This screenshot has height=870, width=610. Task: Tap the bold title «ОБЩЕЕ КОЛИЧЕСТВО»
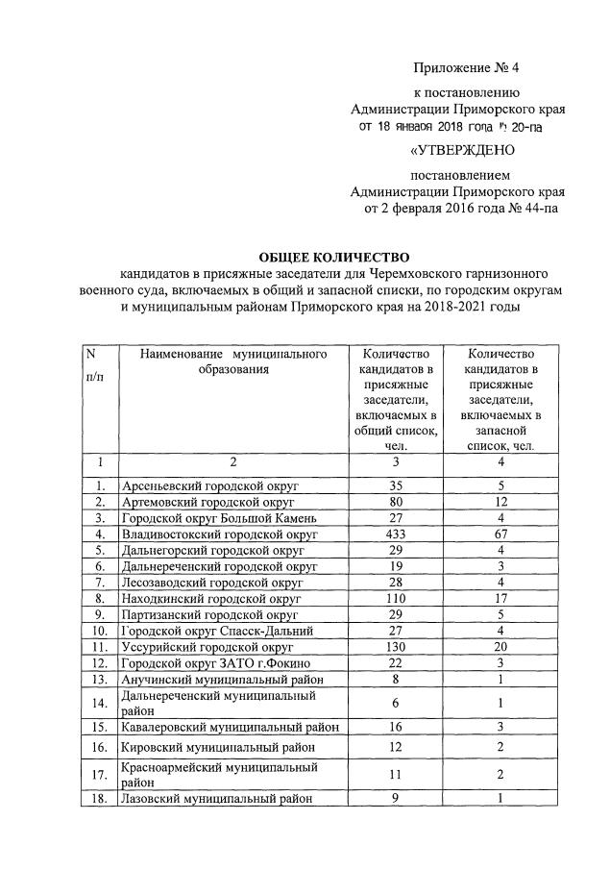point(334,257)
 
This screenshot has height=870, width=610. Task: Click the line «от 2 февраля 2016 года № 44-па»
point(459,207)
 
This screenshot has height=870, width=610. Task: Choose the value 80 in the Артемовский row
point(395,502)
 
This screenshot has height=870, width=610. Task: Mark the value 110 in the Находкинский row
point(395,598)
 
